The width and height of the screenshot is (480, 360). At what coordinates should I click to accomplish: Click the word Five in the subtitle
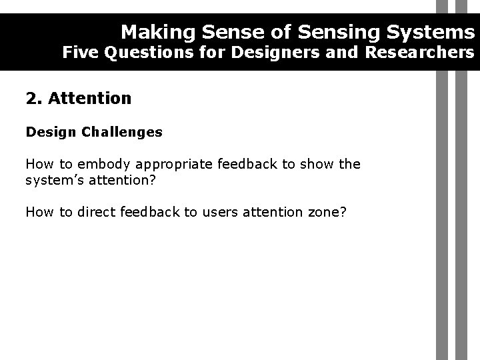click(x=78, y=53)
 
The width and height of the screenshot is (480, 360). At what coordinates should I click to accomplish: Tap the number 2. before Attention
click(x=33, y=99)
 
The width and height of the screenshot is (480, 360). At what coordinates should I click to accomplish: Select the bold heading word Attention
click(x=89, y=99)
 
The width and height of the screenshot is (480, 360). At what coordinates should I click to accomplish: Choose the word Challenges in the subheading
click(x=122, y=132)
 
